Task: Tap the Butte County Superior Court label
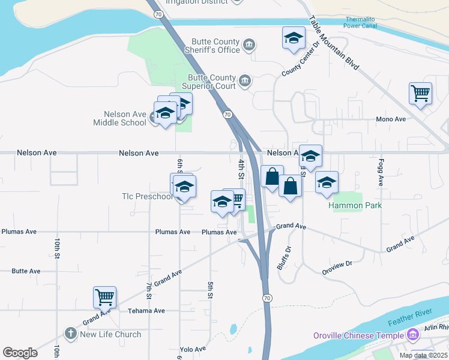coord(212,82)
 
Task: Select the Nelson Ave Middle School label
coord(125,118)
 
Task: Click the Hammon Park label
coord(355,205)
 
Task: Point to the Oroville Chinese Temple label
coord(359,335)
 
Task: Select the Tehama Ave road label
coord(146,311)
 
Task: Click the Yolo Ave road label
coord(192,349)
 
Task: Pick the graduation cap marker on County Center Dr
coord(294,38)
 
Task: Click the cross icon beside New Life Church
coord(70,334)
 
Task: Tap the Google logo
coord(20,353)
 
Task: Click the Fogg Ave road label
coord(380,172)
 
